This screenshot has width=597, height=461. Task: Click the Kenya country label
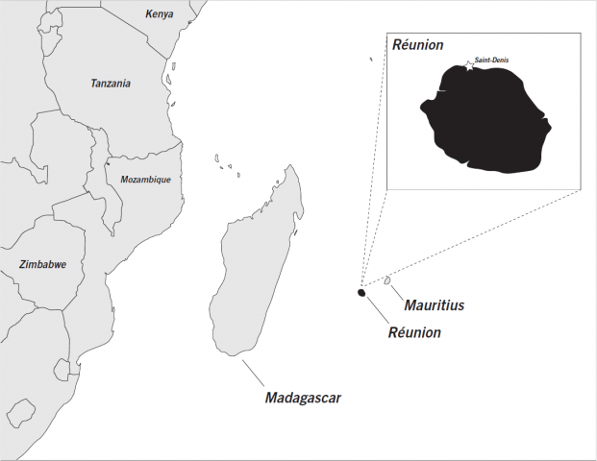pyautogui.click(x=160, y=13)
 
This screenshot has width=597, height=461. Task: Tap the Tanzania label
pyautogui.click(x=111, y=84)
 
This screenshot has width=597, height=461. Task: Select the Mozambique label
pyautogui.click(x=145, y=180)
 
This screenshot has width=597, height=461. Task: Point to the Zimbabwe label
pyautogui.click(x=42, y=264)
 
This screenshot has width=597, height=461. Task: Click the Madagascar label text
pyautogui.click(x=303, y=396)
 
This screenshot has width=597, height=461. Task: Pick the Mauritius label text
pyautogui.click(x=434, y=305)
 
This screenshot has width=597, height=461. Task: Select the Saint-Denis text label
pyautogui.click(x=492, y=61)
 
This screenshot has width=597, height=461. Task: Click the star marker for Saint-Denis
pyautogui.click(x=469, y=65)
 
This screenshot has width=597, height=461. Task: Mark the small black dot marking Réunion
pyautogui.click(x=361, y=293)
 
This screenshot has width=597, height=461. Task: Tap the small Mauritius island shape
pyautogui.click(x=387, y=280)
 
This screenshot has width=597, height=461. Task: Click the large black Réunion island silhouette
pyautogui.click(x=490, y=120)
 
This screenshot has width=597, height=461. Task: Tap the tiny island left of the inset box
pyautogui.click(x=370, y=60)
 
